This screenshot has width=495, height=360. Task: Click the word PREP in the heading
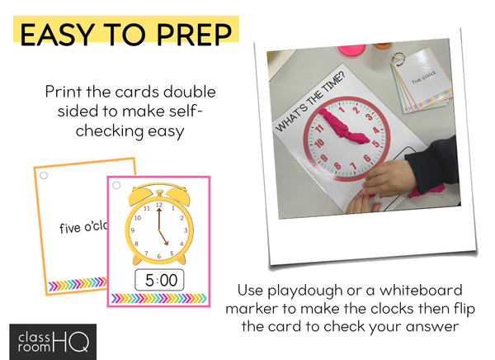pyautogui.click(x=194, y=34)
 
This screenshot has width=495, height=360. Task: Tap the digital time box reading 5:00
pyautogui.click(x=159, y=280)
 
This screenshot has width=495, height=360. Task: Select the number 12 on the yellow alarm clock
pyautogui.click(x=158, y=205)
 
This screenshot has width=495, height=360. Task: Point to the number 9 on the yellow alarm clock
pyautogui.click(x=133, y=230)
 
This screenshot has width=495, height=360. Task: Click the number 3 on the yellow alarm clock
pyautogui.click(x=186, y=230)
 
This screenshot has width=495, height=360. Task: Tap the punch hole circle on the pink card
pyautogui.click(x=116, y=185)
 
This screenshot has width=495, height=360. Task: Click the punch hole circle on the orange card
pyautogui.click(x=44, y=175)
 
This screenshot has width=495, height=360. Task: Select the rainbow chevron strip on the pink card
pyautogui.click(x=158, y=298)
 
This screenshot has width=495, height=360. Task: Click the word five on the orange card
pyautogui.click(x=70, y=228)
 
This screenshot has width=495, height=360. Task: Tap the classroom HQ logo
pyautogui.click(x=53, y=342)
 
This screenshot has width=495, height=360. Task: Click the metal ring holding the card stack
pyautogui.click(x=398, y=59)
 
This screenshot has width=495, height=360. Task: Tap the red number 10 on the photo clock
pyautogui.click(x=318, y=143)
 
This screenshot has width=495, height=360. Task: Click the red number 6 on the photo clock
pyautogui.click(x=367, y=158)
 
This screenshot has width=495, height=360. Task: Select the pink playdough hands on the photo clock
pyautogui.click(x=343, y=126)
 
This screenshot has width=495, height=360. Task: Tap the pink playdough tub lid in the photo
pyautogui.click(x=352, y=50)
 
